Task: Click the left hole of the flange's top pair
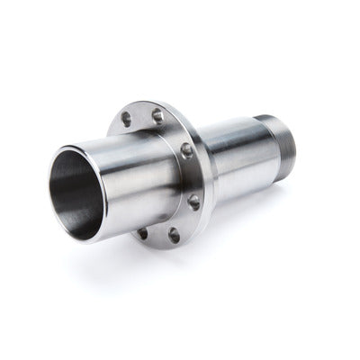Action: coord(126,119)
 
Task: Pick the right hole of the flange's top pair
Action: coord(157,115)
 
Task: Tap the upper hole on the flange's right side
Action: coord(187,150)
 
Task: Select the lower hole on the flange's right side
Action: coord(193,202)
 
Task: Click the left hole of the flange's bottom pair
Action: coord(142,233)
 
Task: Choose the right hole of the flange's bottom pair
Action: coord(175,237)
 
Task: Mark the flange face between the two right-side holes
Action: coord(192,176)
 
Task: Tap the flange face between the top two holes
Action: coord(142,115)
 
